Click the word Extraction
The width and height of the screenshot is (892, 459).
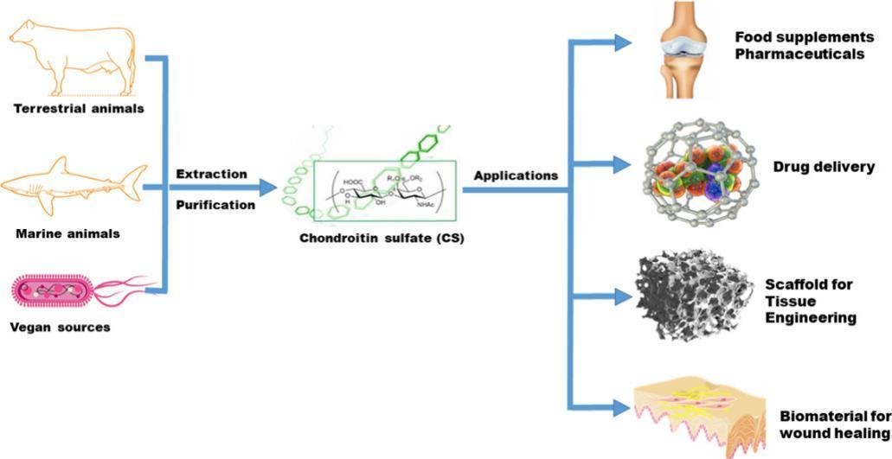[x=212, y=175]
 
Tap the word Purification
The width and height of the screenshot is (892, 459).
[x=215, y=205]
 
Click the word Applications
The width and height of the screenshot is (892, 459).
[x=516, y=175]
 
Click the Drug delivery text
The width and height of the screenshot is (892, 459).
[x=823, y=167]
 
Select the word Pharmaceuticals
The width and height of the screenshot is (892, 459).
[x=799, y=54]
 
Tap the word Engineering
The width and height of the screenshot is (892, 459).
[x=811, y=317]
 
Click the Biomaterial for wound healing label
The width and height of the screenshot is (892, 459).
[x=834, y=424]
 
